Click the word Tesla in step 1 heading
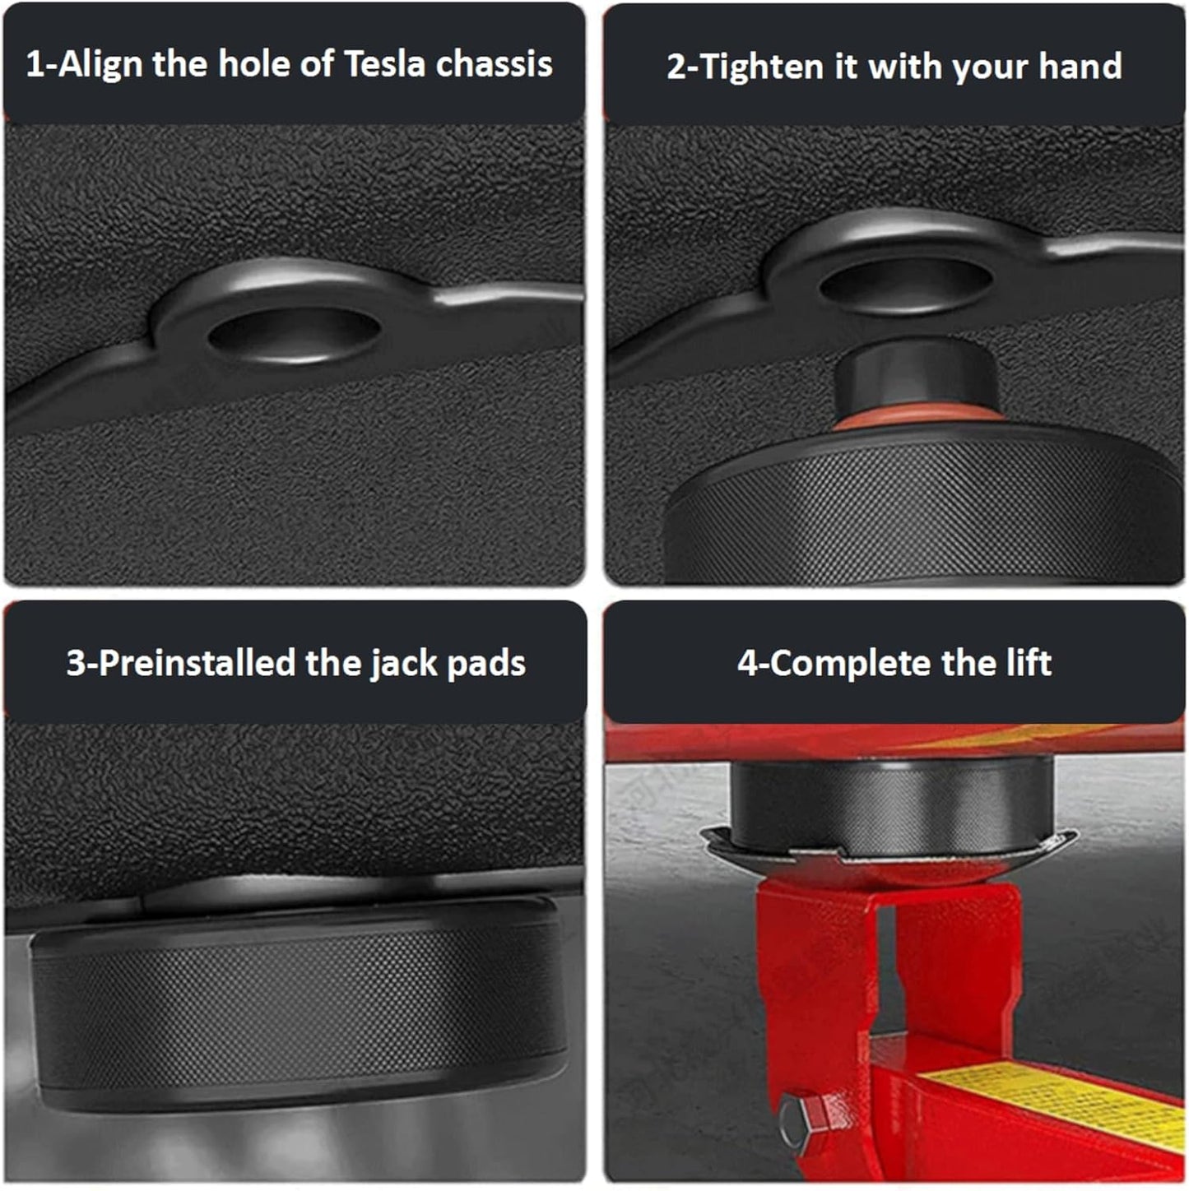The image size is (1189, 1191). coord(384,64)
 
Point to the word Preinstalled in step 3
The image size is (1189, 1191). coord(197,663)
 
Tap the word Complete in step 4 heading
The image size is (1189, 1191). coord(851,663)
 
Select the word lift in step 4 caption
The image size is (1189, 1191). coord(1029,662)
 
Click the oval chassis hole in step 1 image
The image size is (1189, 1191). coord(294,331)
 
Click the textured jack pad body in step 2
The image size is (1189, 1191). coord(922,510)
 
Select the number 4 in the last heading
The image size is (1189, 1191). coord(747,663)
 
